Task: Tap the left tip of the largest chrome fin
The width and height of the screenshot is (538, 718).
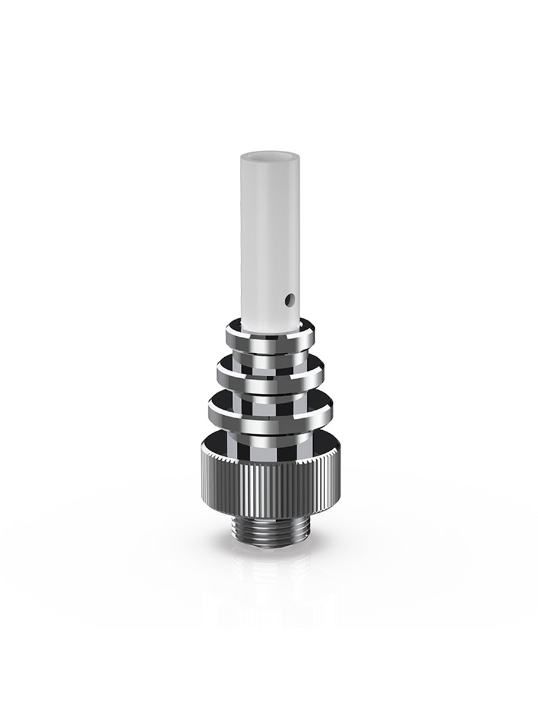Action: point(209,407)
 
